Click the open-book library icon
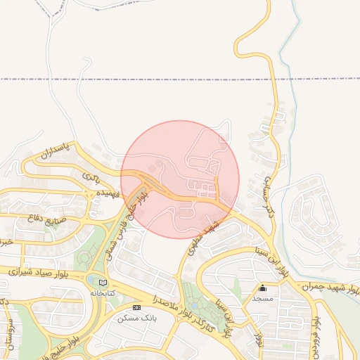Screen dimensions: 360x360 [103, 283]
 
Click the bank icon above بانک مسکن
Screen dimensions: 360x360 [136, 308]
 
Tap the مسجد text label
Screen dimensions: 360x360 [263, 298]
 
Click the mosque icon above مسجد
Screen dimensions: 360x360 [263, 288]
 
